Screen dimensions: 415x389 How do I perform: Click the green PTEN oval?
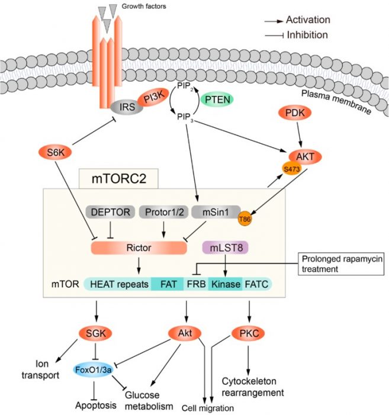tap(217, 99)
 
